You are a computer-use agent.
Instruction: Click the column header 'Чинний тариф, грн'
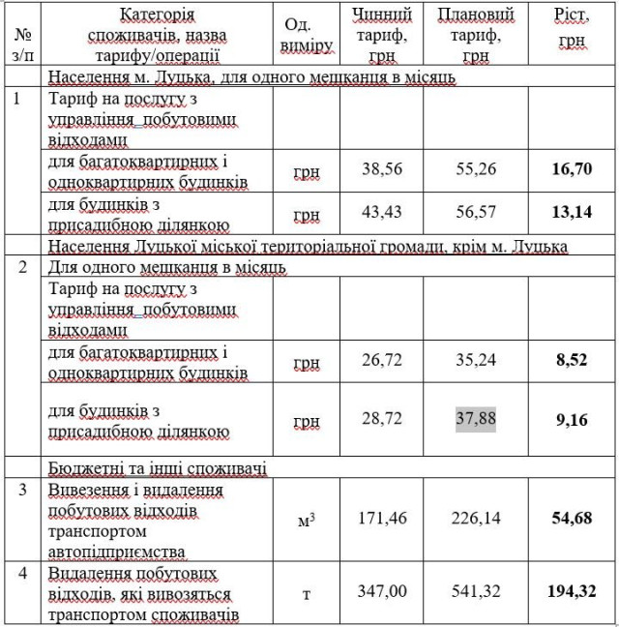(382, 36)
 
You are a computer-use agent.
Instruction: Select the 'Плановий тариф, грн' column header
(476, 36)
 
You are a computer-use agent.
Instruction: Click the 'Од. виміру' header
(309, 36)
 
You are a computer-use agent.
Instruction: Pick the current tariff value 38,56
(382, 168)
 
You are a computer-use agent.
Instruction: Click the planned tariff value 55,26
(476, 168)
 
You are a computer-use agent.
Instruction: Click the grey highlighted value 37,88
(476, 419)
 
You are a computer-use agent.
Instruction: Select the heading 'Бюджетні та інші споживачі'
(158, 468)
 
